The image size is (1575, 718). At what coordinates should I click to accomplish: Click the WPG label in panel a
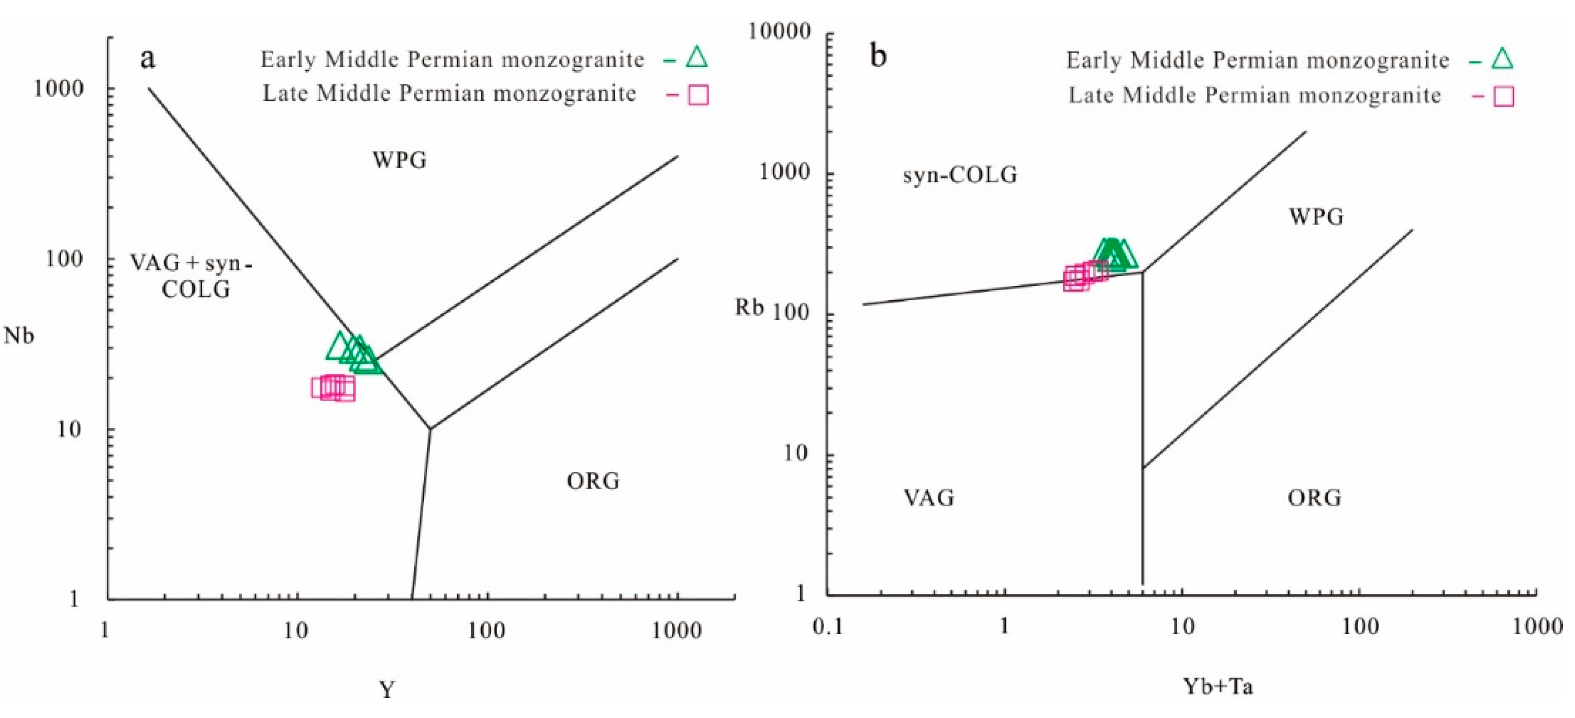point(400,160)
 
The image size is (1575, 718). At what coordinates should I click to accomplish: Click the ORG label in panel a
point(593,481)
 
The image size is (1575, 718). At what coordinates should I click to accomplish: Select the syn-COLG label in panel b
point(959,175)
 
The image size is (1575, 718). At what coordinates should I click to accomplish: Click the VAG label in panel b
point(929,498)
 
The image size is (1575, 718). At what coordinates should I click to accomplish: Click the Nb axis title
point(19,336)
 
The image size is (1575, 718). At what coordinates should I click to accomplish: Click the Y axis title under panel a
point(386,690)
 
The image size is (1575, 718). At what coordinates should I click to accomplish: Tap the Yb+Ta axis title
point(1218,687)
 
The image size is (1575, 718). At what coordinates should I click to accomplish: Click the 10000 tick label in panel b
point(780,31)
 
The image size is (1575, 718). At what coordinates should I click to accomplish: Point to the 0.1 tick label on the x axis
point(828,627)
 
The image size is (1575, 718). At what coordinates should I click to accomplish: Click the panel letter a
point(147,59)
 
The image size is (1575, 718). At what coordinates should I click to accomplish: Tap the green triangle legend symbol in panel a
point(696,57)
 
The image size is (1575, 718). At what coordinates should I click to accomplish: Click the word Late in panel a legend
point(284,94)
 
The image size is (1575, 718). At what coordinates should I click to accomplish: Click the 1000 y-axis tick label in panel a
point(58,89)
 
